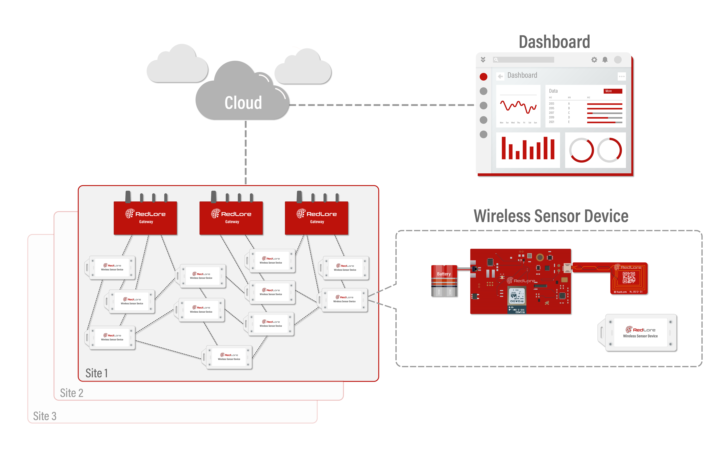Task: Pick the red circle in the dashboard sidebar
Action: coord(483,77)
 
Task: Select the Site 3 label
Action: coord(45,416)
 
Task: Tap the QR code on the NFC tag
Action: coord(628,277)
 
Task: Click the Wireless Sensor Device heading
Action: coord(551,216)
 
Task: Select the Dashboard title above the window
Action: coord(554,42)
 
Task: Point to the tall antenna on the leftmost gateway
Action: coord(128,197)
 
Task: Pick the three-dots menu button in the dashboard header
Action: coord(622,77)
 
